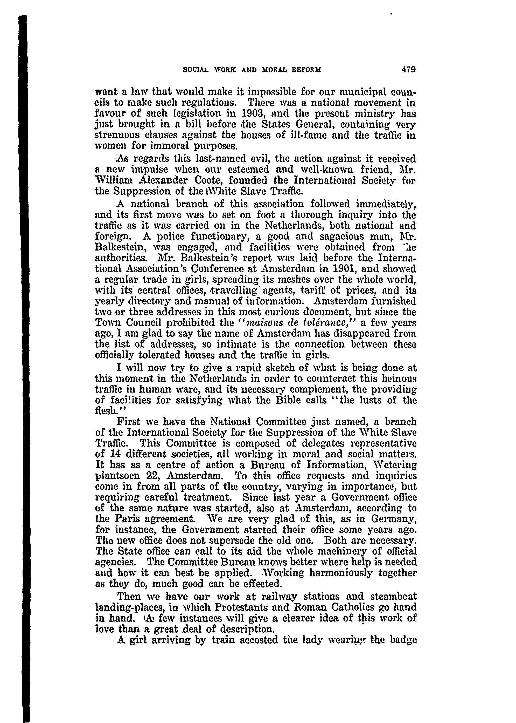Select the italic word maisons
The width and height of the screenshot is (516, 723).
point(261,322)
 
